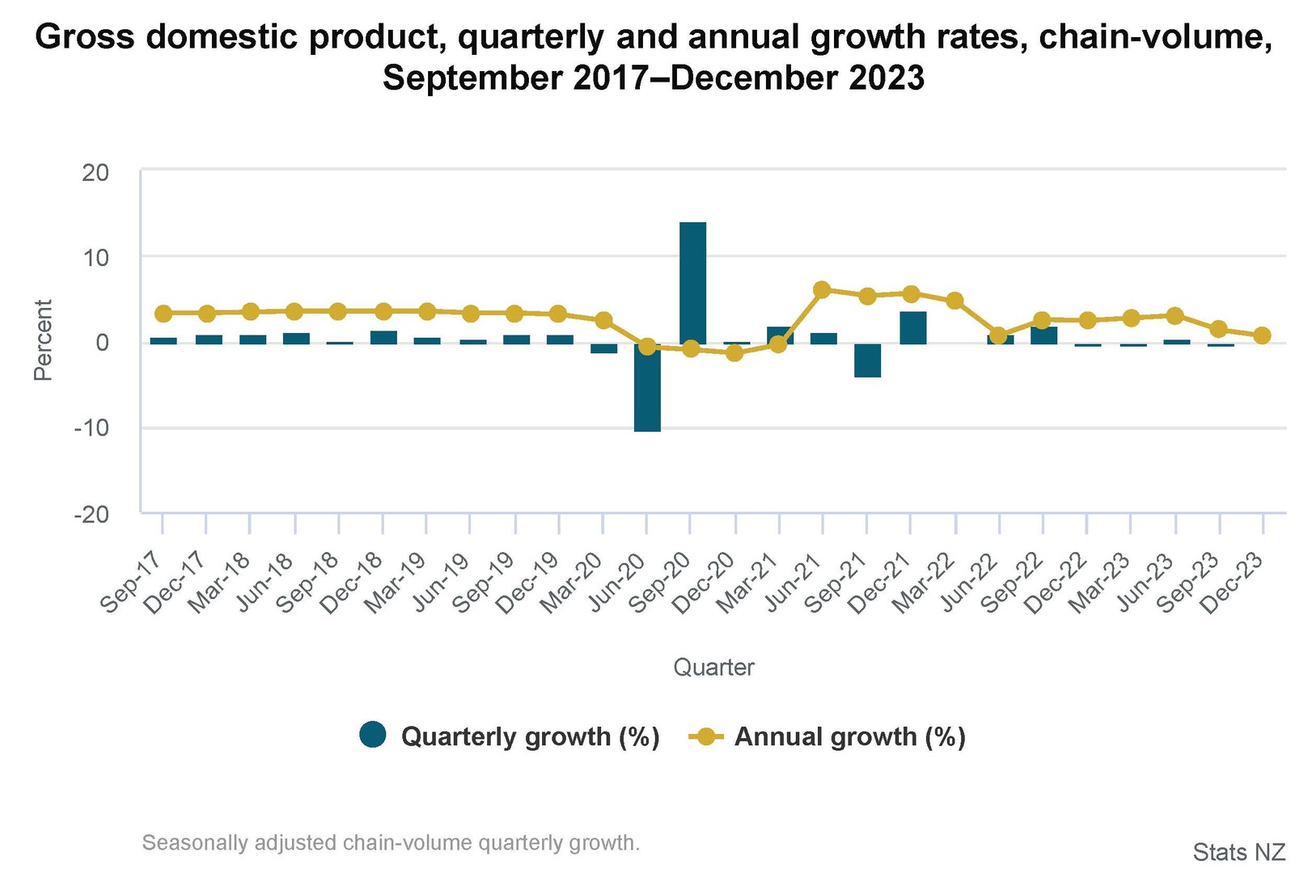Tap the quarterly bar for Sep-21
[x=867, y=360]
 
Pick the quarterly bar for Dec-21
[x=912, y=327]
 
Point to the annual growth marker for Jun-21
[x=822, y=289]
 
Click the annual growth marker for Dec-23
[x=1262, y=335]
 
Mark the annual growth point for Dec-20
[x=734, y=352]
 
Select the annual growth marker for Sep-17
[x=163, y=313]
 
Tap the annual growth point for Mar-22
[x=955, y=301]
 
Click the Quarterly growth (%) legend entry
[x=510, y=736]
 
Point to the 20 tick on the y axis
[x=95, y=172]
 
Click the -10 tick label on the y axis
[x=91, y=428]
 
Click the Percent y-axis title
[x=43, y=340]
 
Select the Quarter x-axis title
[x=713, y=668]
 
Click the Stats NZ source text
[x=1238, y=852]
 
